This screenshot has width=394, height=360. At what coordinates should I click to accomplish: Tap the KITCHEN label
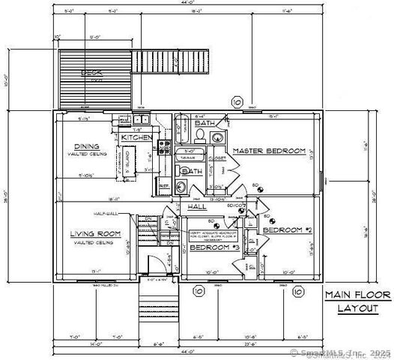tap(136, 138)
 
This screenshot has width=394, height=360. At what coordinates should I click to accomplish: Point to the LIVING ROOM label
tap(95, 234)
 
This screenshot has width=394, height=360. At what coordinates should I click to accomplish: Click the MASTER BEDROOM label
tap(268, 151)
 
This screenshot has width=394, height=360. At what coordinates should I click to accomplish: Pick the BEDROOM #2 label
tap(286, 229)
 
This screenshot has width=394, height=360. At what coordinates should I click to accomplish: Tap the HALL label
tap(197, 206)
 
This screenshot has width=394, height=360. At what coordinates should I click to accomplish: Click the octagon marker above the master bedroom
tap(237, 102)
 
